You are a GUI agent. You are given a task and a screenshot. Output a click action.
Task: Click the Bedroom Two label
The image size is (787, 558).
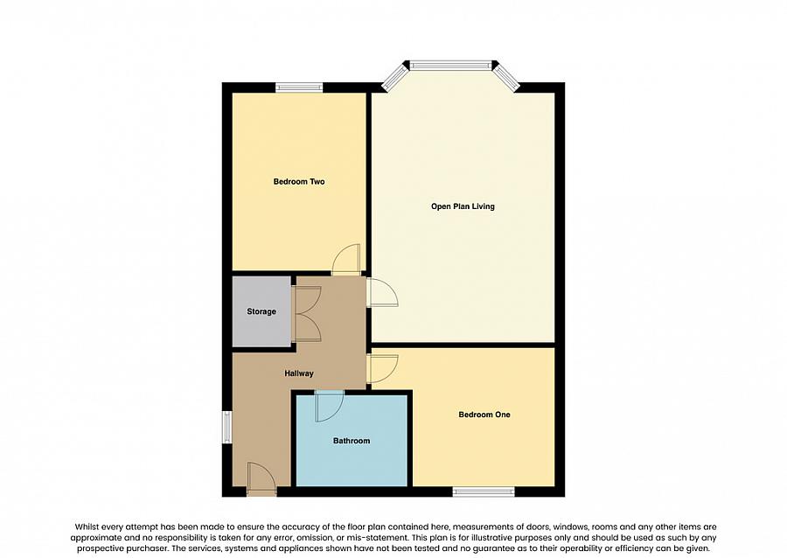point(299,182)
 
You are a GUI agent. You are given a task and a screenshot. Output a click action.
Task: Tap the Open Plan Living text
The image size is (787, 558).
point(463,206)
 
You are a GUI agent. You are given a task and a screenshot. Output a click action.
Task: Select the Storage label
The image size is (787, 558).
point(261,311)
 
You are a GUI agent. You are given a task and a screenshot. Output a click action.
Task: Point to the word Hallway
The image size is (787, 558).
point(298,373)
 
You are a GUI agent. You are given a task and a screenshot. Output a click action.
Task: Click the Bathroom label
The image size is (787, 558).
point(351,441)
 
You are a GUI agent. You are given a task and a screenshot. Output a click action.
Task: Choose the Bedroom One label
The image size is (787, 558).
point(484,415)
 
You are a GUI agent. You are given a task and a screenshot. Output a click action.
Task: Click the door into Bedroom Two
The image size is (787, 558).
point(346,260)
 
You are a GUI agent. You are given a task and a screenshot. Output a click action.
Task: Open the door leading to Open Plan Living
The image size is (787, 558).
point(382,292)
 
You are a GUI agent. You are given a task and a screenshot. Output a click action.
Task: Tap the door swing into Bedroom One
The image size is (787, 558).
point(383,368)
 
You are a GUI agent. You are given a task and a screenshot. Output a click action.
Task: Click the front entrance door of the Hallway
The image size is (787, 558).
point(261,478)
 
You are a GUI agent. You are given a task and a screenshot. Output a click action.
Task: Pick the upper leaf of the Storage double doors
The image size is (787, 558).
point(308,300)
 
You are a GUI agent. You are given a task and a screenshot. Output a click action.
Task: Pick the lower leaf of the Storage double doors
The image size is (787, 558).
point(308,326)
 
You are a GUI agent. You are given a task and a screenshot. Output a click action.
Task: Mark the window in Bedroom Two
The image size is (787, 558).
point(299,87)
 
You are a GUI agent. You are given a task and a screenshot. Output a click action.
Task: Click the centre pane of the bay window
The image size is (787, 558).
point(451,65)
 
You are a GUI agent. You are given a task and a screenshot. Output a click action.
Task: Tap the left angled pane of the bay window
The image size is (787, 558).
point(394,77)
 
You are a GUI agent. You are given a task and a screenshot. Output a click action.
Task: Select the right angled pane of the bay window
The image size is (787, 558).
point(506,76)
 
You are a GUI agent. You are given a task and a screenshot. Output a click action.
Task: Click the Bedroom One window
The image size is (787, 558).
point(484,492)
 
